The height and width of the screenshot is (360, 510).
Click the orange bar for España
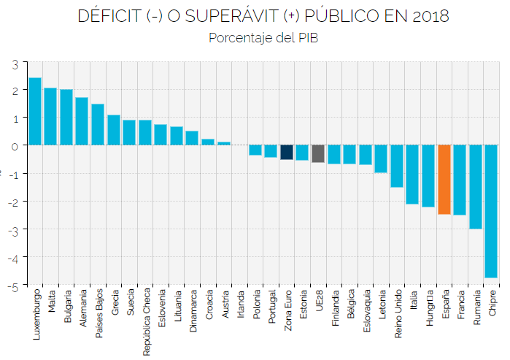[444, 179]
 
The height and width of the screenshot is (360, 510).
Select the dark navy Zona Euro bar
[287, 152]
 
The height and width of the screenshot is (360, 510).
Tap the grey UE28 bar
[318, 153]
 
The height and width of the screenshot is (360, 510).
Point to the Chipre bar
[491, 211]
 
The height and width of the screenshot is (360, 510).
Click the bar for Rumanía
[475, 187]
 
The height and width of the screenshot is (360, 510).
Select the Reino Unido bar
[396, 166]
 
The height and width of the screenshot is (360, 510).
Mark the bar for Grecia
[114, 130]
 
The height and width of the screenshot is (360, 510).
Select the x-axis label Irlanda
[240, 302]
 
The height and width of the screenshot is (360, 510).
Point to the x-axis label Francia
[460, 304]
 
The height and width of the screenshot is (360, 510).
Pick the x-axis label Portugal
[271, 306]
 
